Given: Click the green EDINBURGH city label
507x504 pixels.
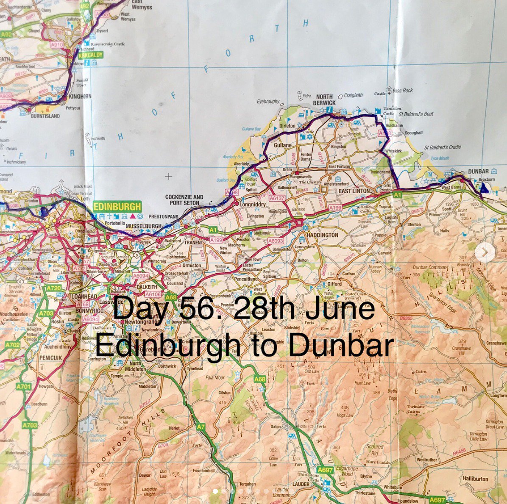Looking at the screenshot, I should click(117, 207).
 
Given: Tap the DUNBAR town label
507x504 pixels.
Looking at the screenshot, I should click(478, 172).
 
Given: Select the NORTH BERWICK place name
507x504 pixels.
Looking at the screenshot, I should click(324, 100).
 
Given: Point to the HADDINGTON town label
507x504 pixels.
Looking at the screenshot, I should click(323, 235).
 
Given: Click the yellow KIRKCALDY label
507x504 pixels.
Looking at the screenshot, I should click(90, 55).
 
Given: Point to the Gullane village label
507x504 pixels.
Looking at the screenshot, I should click(283, 145).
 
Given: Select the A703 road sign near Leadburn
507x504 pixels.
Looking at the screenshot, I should click(30, 425).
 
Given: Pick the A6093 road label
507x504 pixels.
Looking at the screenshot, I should click(276, 241).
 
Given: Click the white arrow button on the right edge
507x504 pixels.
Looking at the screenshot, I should click(482, 253).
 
